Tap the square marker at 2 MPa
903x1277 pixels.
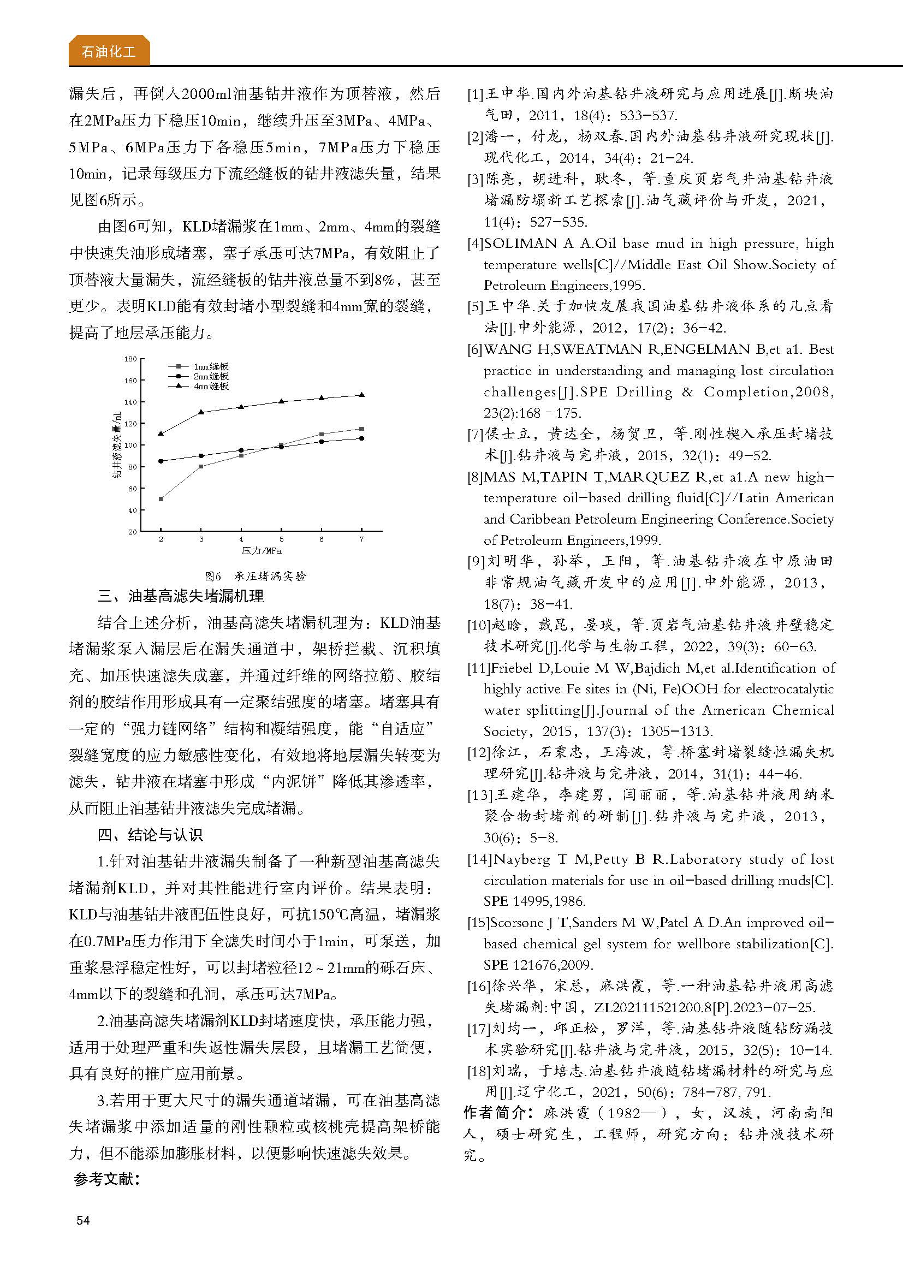point(161,499)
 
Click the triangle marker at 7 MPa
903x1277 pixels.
point(362,395)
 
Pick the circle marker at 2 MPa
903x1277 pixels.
point(161,461)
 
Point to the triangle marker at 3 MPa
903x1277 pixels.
point(201,412)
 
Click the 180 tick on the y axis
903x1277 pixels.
point(130,359)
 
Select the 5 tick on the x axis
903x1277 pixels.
point(281,539)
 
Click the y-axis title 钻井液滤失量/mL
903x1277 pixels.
point(117,445)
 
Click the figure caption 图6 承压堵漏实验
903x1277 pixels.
point(255,576)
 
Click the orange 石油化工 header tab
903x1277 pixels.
point(109,52)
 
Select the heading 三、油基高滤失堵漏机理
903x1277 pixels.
point(181,596)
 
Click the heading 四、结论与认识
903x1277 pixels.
point(150,835)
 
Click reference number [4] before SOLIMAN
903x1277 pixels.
point(475,243)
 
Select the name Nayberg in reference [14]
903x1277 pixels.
point(521,859)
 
